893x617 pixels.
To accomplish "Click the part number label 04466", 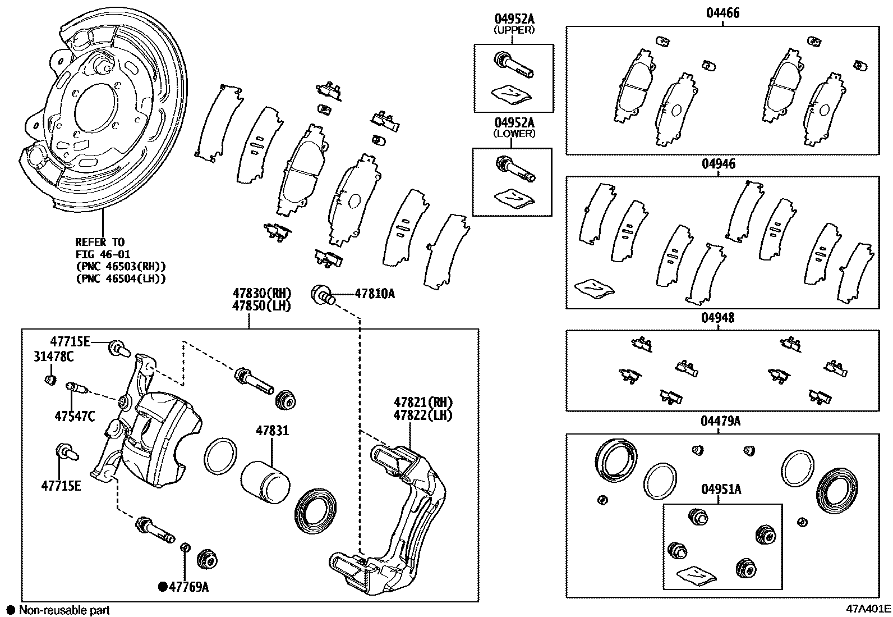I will (x=722, y=13).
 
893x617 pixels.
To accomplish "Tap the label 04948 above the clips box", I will (x=717, y=318).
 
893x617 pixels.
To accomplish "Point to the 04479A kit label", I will (x=720, y=421).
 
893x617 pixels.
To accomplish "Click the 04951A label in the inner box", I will (x=721, y=490).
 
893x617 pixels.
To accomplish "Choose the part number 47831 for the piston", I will (x=273, y=431).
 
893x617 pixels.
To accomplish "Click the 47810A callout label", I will (x=374, y=294).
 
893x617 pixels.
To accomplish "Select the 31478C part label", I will (x=54, y=357).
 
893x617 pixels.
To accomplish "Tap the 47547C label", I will (x=75, y=416).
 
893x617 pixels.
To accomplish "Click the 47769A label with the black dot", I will (x=188, y=587).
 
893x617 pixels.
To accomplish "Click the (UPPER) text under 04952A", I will (x=514, y=30).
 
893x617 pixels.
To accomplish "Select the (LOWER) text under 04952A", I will (x=514, y=134).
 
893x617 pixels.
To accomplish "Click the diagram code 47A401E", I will (x=869, y=609).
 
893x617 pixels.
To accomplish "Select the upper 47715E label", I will (x=70, y=341).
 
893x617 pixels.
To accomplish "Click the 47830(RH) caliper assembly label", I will (x=261, y=293).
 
